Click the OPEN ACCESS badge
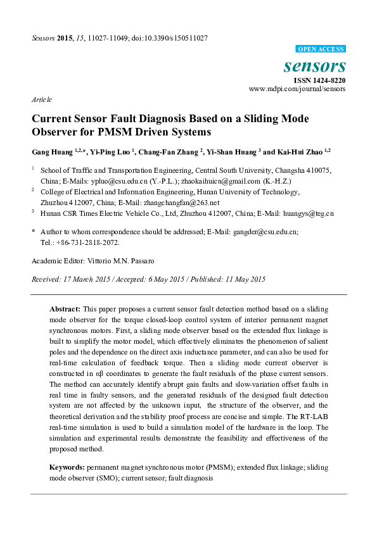[321, 49]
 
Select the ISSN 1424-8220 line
[319, 80]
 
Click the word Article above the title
[41, 100]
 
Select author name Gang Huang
[50, 152]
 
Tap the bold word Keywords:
[67, 467]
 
